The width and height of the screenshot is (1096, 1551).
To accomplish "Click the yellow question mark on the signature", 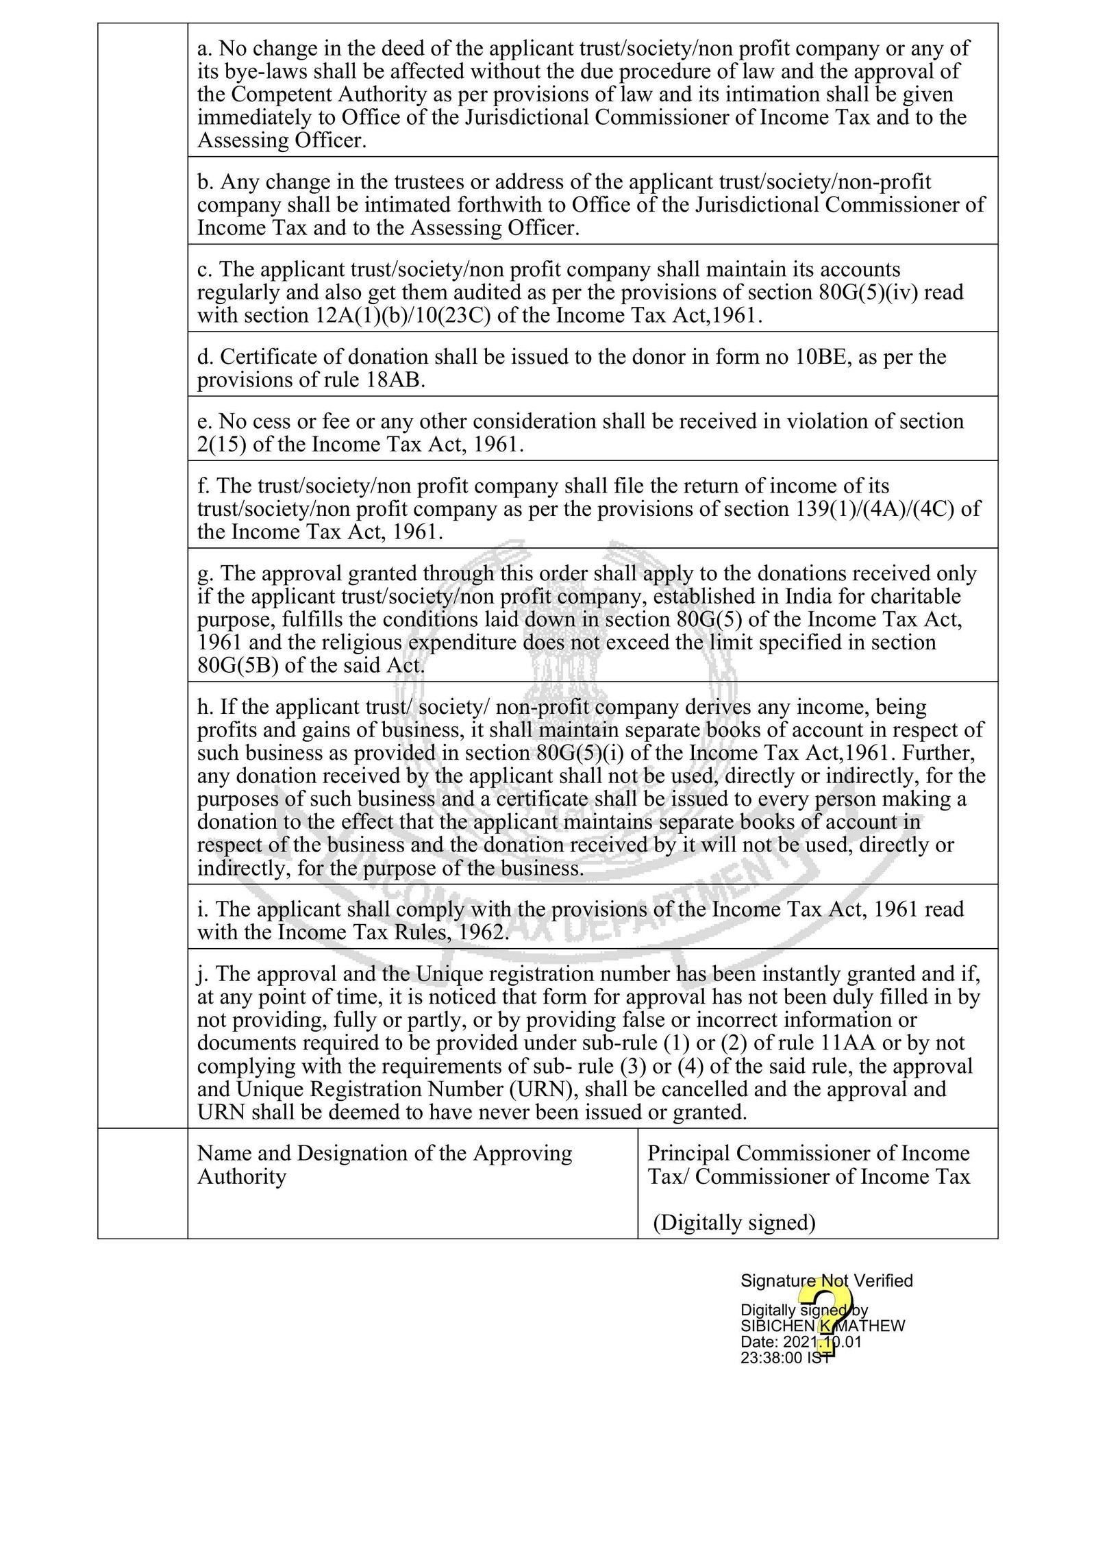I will point(827,1319).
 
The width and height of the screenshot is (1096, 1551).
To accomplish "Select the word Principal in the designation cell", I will point(688,1153).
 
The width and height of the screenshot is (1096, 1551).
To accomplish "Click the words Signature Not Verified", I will point(826,1280).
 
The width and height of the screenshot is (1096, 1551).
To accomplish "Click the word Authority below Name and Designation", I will point(241,1176).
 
